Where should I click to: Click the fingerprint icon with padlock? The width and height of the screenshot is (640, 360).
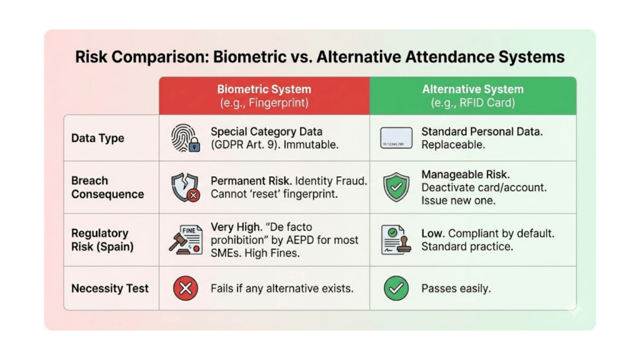click(185, 139)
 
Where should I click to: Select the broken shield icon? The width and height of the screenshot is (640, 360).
click(184, 187)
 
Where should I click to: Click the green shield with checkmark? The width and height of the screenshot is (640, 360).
click(396, 187)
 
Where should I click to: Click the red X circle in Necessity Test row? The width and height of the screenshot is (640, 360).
click(185, 288)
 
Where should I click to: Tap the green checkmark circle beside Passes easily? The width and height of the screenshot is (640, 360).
click(396, 288)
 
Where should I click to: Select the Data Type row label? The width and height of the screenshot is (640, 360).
click(97, 139)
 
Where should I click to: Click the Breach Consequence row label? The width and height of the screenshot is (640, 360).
click(107, 187)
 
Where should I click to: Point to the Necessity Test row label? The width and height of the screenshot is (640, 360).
click(110, 288)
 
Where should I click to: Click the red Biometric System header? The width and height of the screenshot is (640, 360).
click(264, 96)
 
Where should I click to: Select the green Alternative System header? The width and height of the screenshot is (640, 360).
click(472, 96)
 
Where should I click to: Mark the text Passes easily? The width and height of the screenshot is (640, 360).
click(456, 288)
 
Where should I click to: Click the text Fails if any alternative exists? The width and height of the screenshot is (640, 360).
click(282, 288)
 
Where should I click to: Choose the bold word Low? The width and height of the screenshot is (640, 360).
click(431, 233)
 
